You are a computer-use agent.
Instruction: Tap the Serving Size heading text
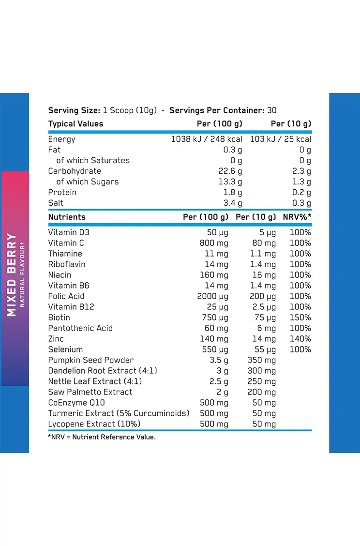[74, 110]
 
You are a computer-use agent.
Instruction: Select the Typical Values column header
[75, 124]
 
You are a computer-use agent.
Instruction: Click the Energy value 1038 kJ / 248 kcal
[207, 139]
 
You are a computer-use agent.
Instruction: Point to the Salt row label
[56, 203]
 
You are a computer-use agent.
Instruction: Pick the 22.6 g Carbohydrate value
[230, 171]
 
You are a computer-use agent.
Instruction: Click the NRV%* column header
[297, 217]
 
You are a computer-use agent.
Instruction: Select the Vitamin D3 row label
[69, 232]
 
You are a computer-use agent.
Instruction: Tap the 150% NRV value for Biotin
[300, 318]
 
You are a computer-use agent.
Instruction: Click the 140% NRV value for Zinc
[300, 339]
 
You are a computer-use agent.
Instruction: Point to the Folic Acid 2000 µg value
[212, 296]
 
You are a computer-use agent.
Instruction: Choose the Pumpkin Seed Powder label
[90, 360]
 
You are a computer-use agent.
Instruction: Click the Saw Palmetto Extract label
[90, 392]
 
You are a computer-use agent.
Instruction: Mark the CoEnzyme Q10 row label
[76, 403]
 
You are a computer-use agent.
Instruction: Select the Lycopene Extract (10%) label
[94, 424]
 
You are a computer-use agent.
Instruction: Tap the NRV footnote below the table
[102, 437]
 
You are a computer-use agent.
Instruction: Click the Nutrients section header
[67, 217]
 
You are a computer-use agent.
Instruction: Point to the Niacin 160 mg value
[214, 275]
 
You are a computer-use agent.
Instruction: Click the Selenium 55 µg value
[265, 349]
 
